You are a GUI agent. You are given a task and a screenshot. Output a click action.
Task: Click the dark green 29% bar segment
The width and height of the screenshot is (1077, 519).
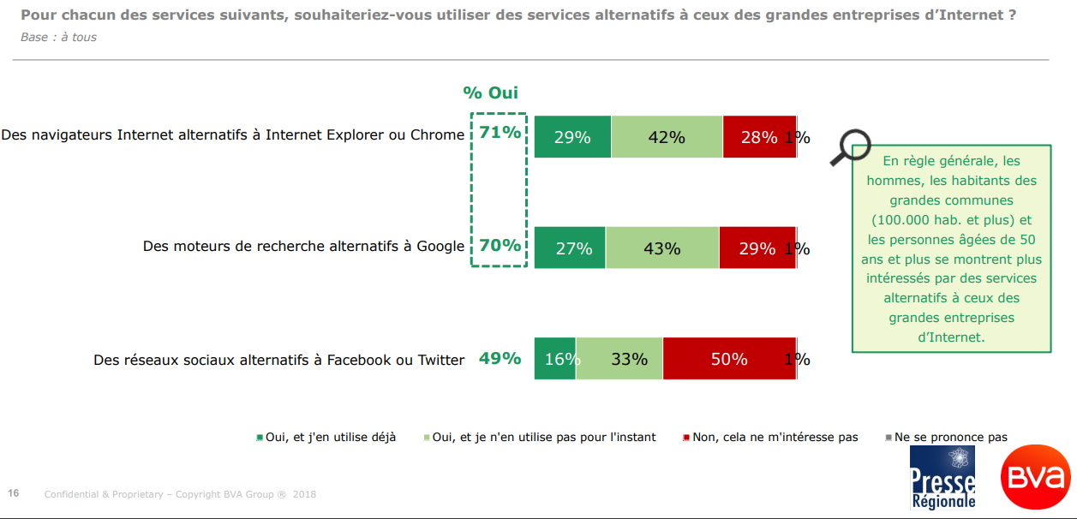[572, 137]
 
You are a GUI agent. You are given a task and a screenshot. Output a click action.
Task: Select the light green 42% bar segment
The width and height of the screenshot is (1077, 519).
[667, 137]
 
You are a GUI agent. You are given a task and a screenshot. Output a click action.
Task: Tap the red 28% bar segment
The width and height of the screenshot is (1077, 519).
[759, 137]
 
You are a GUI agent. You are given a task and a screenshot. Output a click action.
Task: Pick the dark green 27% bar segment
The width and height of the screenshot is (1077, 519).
[570, 248]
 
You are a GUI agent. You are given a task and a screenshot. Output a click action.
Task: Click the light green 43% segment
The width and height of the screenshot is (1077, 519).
[661, 248]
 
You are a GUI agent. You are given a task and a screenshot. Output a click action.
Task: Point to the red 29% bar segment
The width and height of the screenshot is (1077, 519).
[757, 248]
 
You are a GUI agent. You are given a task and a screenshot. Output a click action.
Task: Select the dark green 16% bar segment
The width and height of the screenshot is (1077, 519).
[555, 359]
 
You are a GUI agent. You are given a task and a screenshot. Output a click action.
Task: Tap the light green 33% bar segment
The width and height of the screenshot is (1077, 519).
[619, 359]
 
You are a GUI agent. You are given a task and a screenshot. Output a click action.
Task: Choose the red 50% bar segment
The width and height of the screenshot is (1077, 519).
[729, 359]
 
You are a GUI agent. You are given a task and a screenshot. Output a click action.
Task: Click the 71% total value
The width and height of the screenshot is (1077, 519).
[500, 133]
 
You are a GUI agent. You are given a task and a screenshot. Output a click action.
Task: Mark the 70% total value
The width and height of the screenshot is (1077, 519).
[500, 246]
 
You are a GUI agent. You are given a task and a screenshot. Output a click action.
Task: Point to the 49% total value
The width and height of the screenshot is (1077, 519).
[500, 358]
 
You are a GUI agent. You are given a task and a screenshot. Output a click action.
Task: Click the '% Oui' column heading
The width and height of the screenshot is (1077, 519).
[491, 93]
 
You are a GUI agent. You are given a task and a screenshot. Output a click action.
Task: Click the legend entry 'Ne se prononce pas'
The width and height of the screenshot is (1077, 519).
[950, 438]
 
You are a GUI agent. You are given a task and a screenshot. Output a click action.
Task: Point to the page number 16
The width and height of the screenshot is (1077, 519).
[14, 493]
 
